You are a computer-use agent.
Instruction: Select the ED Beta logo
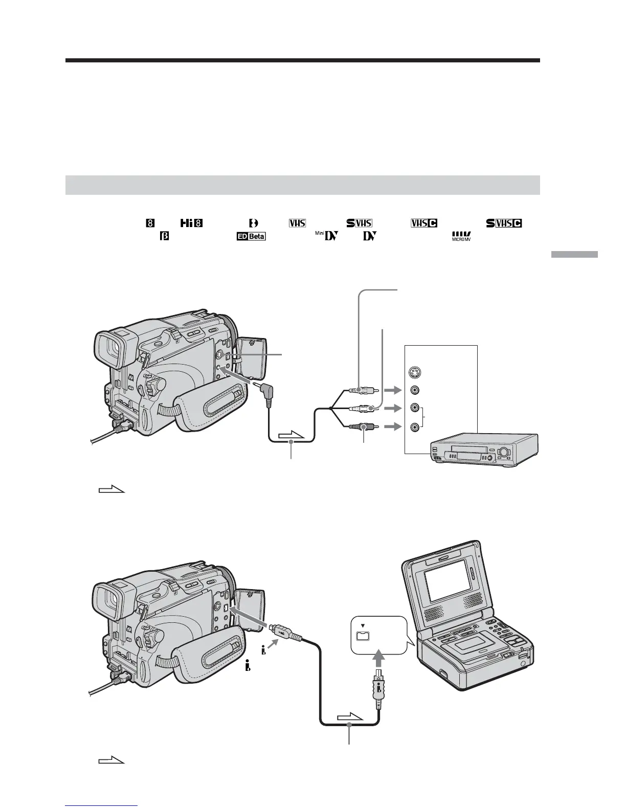pyautogui.click(x=251, y=237)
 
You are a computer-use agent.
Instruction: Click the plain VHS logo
pyautogui.click(x=297, y=223)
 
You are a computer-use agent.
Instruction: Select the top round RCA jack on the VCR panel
pyautogui.click(x=414, y=390)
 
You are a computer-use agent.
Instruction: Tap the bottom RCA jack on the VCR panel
pyautogui.click(x=414, y=426)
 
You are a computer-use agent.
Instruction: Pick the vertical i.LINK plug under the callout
pyautogui.click(x=377, y=688)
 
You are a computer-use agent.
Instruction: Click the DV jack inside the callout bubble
pyautogui.click(x=363, y=636)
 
